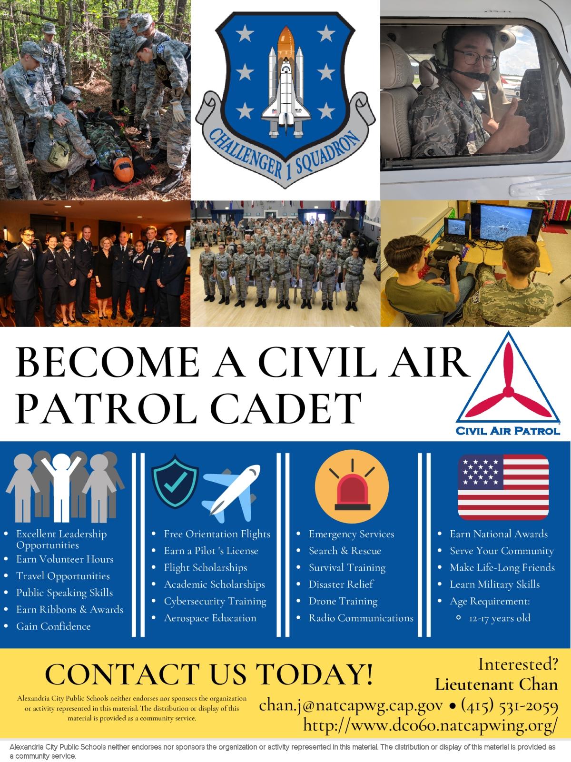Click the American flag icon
[503, 487]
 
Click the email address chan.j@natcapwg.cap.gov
[351, 705]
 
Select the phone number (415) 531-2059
[510, 706]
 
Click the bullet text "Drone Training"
[343, 601]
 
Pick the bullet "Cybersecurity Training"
[215, 601]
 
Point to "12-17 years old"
[500, 618]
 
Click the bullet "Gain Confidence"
[53, 626]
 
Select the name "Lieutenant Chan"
[496, 684]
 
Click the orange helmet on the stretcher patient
[124, 170]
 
